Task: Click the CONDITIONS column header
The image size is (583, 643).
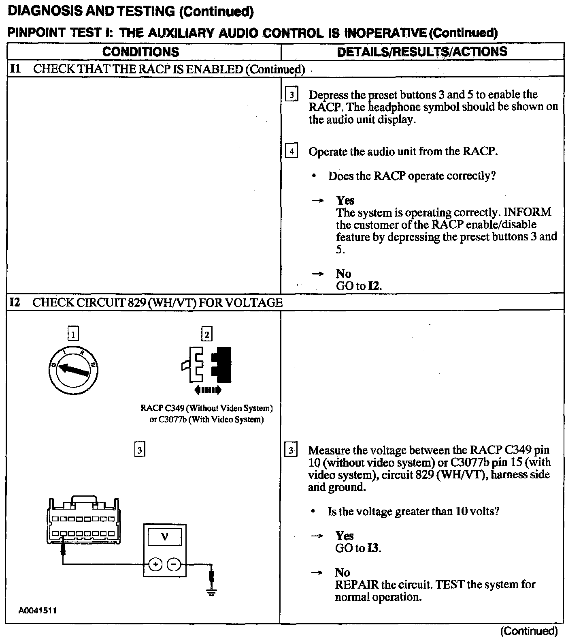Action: click(140, 52)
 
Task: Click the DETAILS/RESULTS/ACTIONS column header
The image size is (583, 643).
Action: click(422, 51)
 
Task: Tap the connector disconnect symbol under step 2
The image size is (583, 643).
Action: click(207, 365)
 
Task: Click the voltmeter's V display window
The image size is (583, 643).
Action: click(165, 538)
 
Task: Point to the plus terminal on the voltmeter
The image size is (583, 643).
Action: click(156, 564)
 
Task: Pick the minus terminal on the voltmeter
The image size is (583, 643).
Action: click(174, 564)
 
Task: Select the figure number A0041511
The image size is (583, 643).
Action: click(37, 611)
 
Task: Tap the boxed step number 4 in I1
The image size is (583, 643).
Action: click(291, 151)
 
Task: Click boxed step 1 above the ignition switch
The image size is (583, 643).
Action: click(73, 334)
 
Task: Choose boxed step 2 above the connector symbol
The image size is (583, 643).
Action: click(207, 334)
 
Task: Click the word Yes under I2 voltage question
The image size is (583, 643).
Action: click(344, 536)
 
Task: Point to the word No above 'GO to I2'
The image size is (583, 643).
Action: click(343, 274)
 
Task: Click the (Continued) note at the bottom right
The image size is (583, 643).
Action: click(529, 631)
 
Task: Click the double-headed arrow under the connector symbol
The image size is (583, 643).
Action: click(208, 390)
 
